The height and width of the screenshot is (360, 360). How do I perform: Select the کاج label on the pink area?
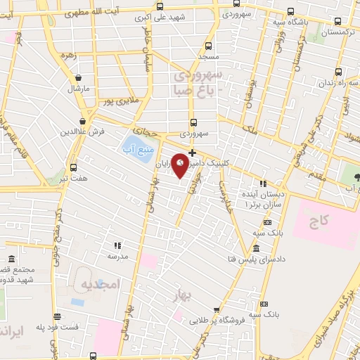[318, 221]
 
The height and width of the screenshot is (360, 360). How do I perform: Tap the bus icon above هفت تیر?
[74, 167]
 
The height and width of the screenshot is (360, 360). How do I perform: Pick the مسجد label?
[207, 55]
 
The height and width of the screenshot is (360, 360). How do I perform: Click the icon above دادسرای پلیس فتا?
[255, 250]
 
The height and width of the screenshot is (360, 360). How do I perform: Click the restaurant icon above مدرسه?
[117, 245]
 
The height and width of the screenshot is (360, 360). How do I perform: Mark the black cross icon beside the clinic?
[192, 152]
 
